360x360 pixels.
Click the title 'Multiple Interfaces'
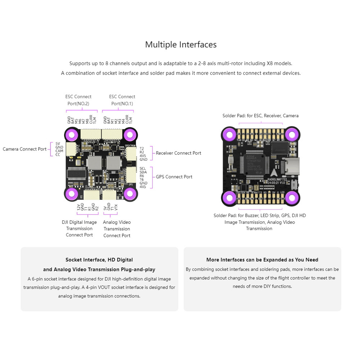click(181, 45)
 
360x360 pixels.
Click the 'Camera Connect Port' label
click(24, 149)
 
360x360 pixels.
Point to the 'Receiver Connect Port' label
click(178, 153)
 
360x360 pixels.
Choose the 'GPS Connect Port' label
click(174, 177)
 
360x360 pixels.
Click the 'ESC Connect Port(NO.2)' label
click(78, 100)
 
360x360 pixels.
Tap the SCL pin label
click(143, 168)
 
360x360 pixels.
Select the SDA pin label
click(143, 172)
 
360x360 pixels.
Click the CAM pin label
click(59, 151)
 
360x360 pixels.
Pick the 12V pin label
click(78, 207)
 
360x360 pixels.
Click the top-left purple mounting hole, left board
click(72, 135)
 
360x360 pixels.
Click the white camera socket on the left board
click(72, 149)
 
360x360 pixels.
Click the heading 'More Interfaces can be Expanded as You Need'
click(262, 260)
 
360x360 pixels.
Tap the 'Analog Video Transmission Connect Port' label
click(117, 229)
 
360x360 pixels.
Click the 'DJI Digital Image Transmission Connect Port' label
click(79, 229)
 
